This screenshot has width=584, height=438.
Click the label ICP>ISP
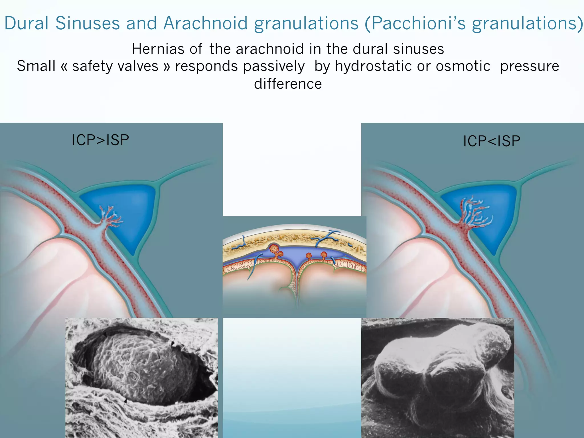[x=100, y=140]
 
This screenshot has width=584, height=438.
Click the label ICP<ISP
[x=492, y=141]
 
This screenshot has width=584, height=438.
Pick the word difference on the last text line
[x=288, y=84]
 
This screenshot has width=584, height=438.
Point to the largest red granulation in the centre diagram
[x=274, y=249]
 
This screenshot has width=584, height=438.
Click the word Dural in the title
[x=26, y=23]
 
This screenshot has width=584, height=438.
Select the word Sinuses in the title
[x=87, y=23]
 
